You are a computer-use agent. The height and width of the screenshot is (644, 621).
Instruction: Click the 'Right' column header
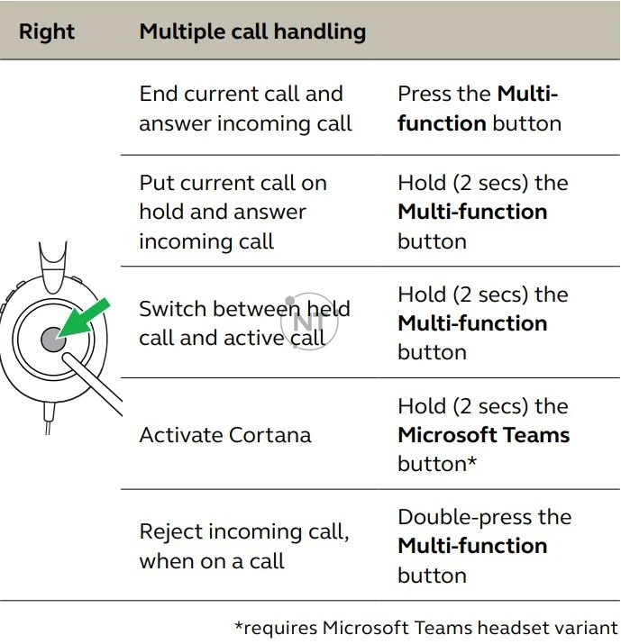(47, 32)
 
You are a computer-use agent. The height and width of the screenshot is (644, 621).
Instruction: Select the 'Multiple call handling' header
(252, 32)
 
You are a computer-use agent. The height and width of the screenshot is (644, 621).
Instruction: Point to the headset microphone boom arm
(95, 383)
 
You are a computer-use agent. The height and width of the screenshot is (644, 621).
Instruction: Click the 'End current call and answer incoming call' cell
(245, 109)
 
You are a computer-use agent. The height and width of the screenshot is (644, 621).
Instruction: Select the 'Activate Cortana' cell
(225, 435)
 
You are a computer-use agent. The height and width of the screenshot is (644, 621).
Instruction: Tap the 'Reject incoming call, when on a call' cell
(243, 546)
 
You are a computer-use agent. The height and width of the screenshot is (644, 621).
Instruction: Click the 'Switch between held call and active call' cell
(244, 322)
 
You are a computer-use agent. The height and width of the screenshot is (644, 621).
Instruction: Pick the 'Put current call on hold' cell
(233, 212)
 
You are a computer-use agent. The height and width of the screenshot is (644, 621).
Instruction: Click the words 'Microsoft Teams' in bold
(484, 435)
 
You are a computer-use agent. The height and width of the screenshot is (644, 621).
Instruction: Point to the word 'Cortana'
(266, 435)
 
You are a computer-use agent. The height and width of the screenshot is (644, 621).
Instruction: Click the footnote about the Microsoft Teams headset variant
(426, 627)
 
